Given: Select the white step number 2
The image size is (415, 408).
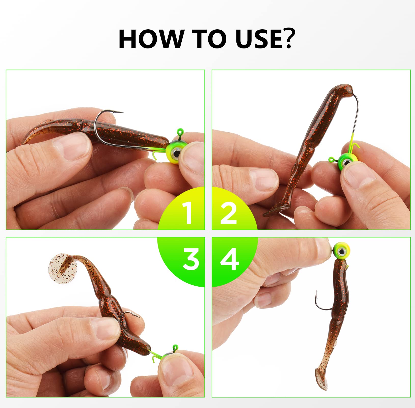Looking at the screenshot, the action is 229,213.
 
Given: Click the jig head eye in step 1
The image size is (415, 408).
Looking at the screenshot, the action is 176,153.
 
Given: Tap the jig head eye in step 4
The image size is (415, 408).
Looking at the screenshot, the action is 341,252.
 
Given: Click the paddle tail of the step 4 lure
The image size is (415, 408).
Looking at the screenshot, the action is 321,379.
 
